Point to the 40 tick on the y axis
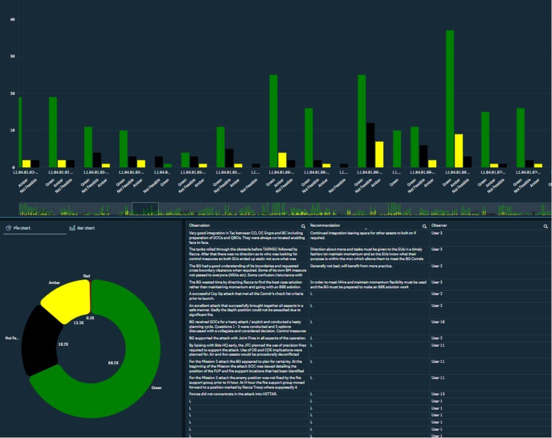click(12, 20)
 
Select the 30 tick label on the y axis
click(12, 56)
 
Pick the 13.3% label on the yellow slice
click(79, 322)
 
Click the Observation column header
click(199, 225)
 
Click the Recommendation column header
click(325, 225)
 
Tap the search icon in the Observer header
click(546, 226)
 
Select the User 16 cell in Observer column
click(438, 322)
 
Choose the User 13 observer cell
click(438, 394)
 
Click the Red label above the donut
click(87, 276)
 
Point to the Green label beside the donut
click(156, 387)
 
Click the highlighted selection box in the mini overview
click(145, 209)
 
